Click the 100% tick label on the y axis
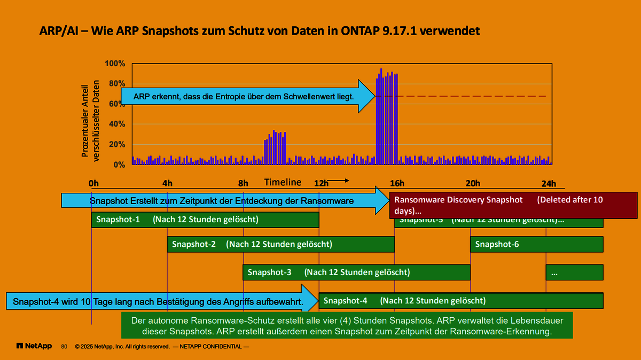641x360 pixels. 115,64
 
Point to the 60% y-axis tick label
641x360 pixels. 117,104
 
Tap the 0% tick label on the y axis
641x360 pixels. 119,165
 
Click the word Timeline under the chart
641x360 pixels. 283,182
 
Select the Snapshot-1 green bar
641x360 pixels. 205,220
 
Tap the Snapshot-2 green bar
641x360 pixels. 281,245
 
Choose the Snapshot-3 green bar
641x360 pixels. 356,272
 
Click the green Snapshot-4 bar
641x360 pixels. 460,300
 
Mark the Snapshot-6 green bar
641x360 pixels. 536,245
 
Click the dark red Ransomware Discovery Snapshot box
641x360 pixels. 513,205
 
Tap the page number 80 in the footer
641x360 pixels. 64,347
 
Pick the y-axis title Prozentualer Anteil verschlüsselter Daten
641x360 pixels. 90,119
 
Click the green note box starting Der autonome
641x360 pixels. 347,326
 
